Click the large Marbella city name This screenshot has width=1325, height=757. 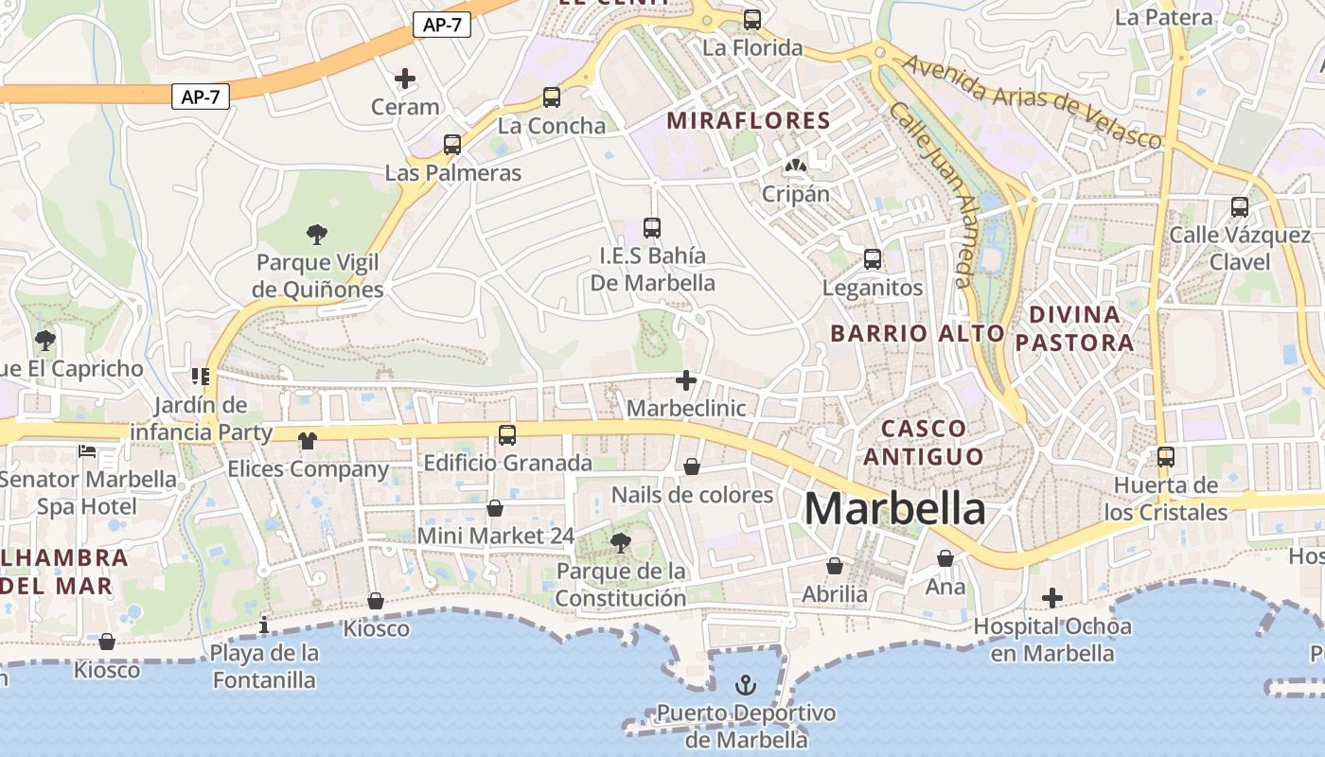coord(894,509)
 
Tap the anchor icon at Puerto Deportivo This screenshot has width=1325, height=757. coord(747,683)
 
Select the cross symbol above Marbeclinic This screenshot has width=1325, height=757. coord(686,380)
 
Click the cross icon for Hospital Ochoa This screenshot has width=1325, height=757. coord(1051,598)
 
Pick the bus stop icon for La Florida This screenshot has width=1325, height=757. coord(752,19)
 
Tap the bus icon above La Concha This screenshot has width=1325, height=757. coord(552,97)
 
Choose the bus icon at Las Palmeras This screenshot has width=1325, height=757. coord(452,145)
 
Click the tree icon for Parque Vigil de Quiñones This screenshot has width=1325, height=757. coord(317,234)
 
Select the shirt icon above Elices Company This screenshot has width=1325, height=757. coord(308,440)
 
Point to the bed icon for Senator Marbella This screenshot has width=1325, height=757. coord(87,450)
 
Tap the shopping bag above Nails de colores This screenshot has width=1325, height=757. coord(692,467)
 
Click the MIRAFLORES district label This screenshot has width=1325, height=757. coord(749,121)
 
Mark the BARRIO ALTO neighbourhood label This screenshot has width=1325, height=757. coord(917,333)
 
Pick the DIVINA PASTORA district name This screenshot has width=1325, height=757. coord(1074,328)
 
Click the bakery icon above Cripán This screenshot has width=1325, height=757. coord(796,167)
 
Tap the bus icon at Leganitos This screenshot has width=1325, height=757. coord(873,258)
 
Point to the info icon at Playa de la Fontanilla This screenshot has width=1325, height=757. coord(264,625)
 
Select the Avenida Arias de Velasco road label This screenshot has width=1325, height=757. coord(1031,100)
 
